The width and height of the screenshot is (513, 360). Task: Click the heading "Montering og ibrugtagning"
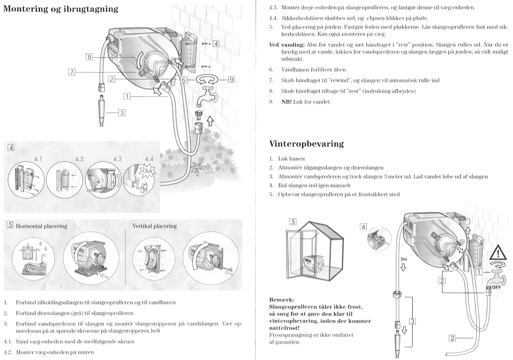point(60,9)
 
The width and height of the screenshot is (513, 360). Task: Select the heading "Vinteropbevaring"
point(306,144)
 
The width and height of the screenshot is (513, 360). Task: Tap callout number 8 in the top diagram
point(89,57)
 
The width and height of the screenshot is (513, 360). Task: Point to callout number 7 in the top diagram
point(71,72)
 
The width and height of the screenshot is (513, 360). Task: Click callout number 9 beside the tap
point(231,80)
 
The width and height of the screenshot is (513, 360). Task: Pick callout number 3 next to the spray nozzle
point(121,113)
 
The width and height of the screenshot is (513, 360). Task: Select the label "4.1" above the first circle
point(38,159)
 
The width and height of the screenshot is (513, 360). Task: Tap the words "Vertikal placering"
point(154,226)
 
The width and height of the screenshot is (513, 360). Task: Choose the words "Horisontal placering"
point(41,226)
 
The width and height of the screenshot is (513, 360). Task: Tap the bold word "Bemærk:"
point(281,300)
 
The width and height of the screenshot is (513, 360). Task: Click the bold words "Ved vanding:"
point(287,45)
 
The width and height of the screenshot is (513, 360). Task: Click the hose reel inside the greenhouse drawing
point(313,265)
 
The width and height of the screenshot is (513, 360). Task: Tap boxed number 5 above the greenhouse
point(293,222)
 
